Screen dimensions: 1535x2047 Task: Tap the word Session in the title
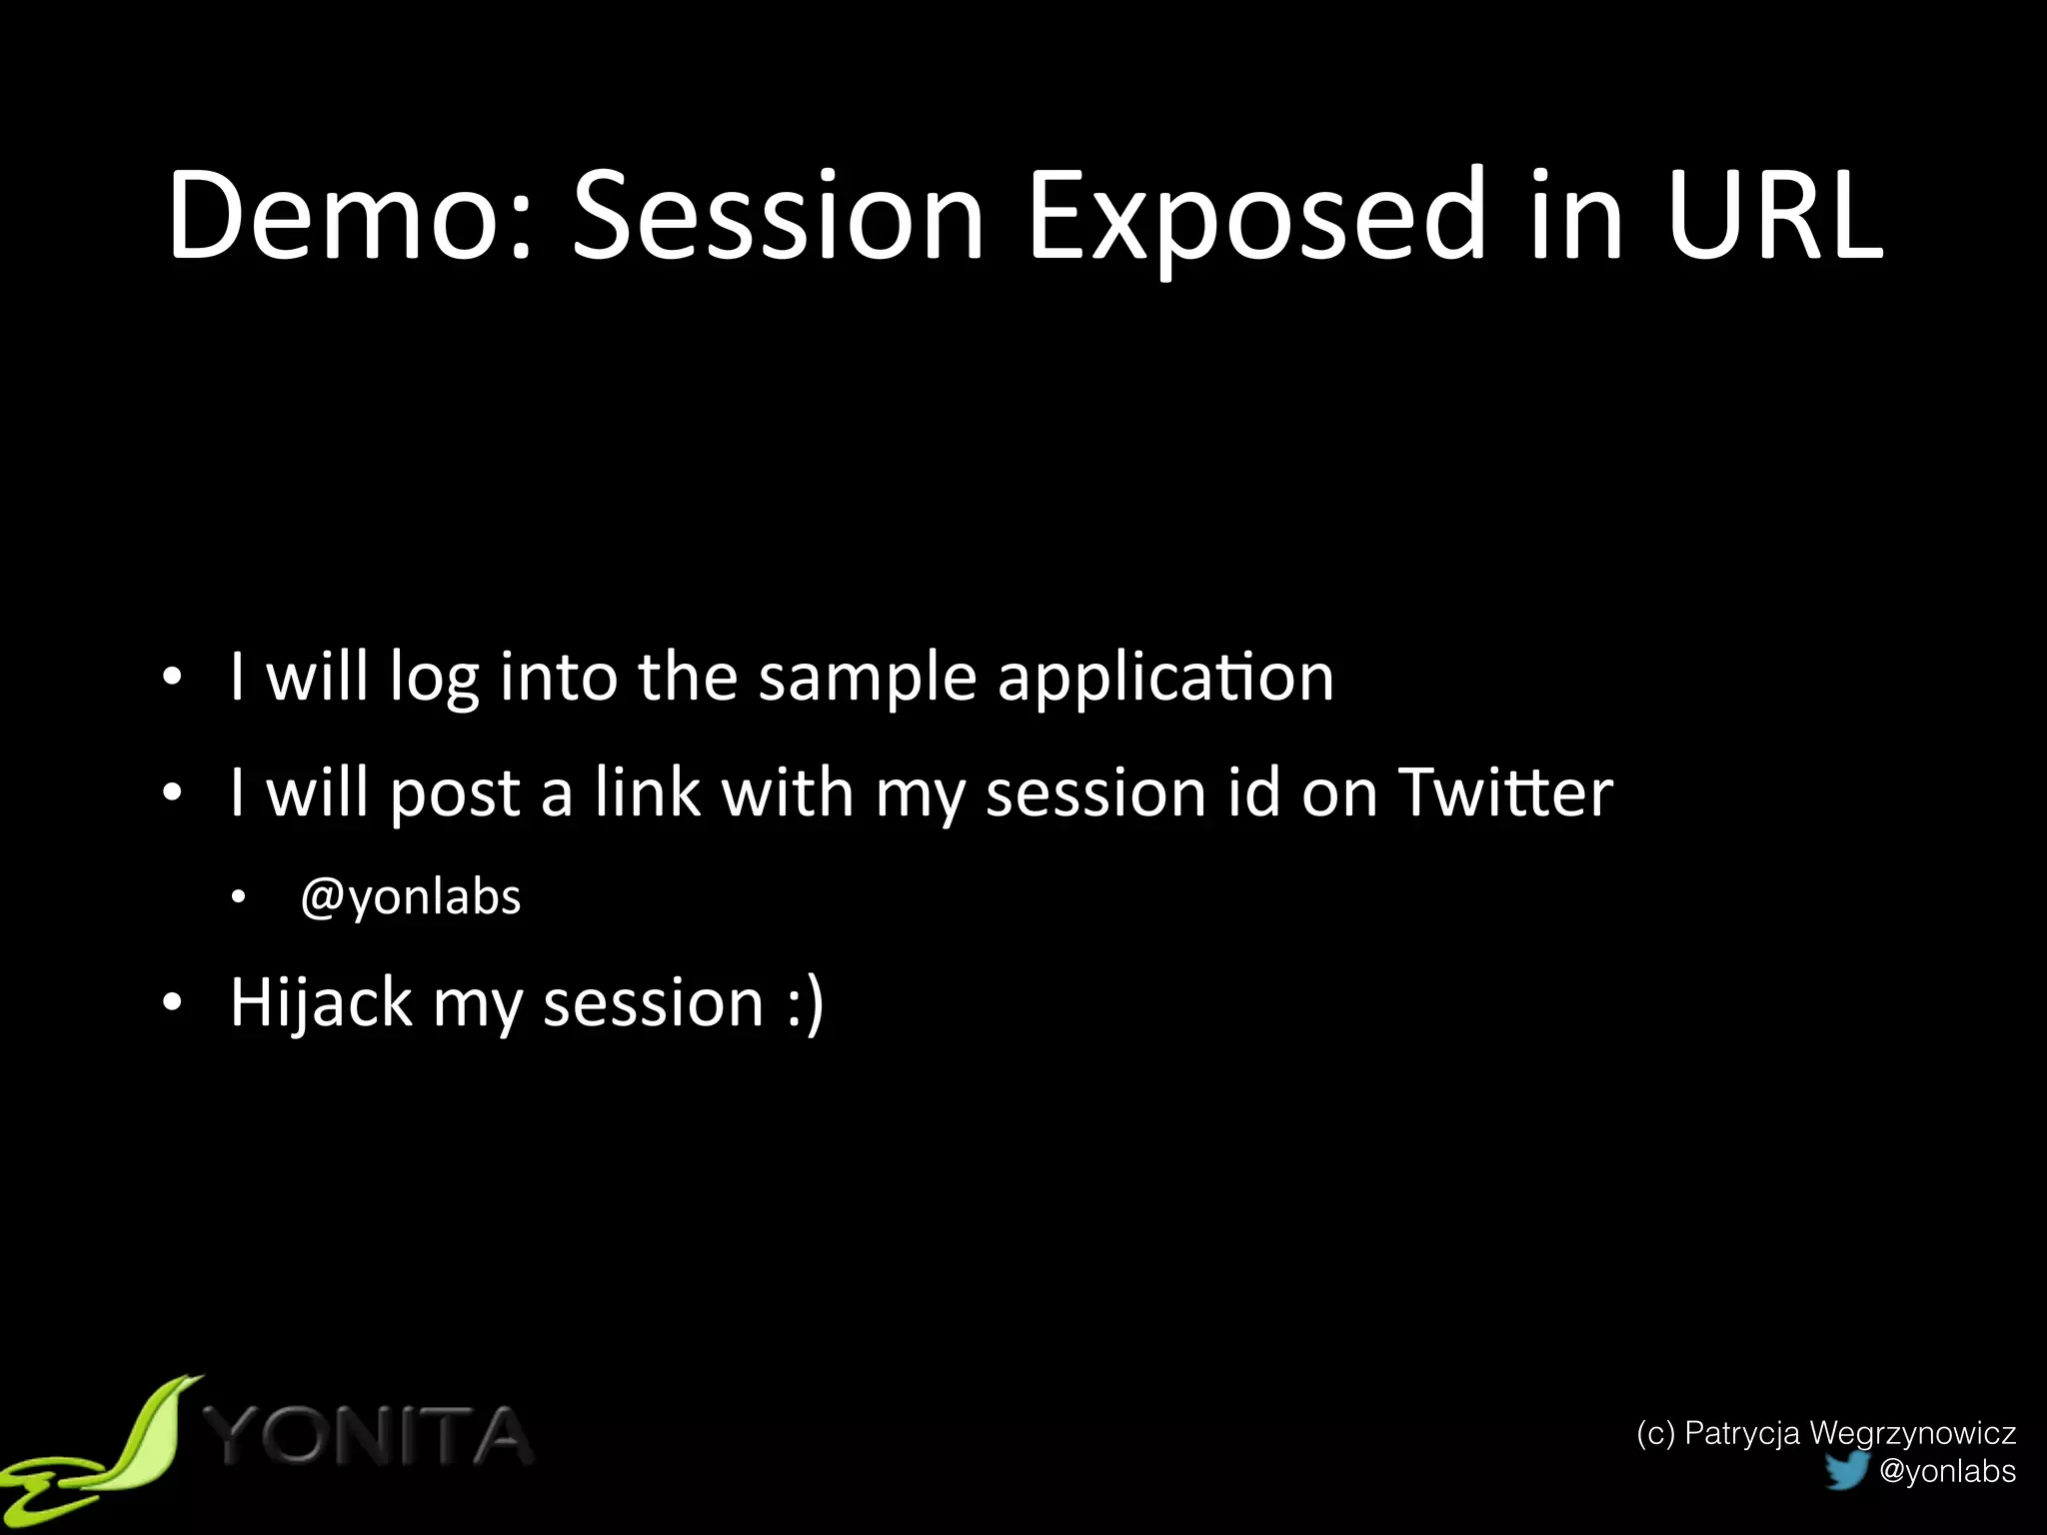(778, 215)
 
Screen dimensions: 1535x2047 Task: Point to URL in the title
(1774, 215)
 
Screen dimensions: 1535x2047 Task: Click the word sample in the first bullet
(867, 678)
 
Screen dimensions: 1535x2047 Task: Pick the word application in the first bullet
(1165, 678)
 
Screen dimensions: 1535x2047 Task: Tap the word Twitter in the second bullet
(1505, 792)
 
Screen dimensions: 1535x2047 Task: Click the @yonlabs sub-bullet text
(411, 896)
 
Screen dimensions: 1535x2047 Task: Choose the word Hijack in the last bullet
(321, 1002)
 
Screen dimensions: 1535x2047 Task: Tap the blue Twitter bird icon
(1846, 1470)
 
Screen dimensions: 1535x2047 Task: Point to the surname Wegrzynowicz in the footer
(1912, 1433)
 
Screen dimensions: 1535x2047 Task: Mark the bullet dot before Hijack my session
(173, 1002)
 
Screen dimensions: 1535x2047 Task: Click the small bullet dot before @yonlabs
(238, 897)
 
